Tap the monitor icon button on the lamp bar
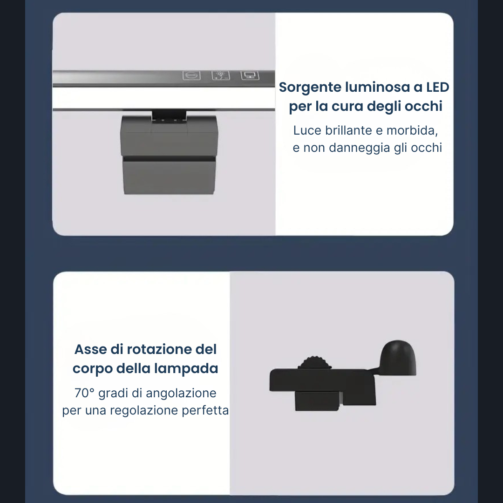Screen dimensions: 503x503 click(x=250, y=76)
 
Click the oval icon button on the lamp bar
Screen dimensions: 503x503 click(x=191, y=76)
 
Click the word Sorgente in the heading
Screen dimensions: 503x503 click(x=310, y=88)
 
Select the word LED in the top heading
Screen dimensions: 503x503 click(x=437, y=87)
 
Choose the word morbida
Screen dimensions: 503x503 click(x=412, y=130)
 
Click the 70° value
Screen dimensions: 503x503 click(x=84, y=393)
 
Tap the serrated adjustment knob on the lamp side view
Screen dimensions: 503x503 click(x=314, y=363)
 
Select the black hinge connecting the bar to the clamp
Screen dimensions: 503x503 click(x=170, y=116)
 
